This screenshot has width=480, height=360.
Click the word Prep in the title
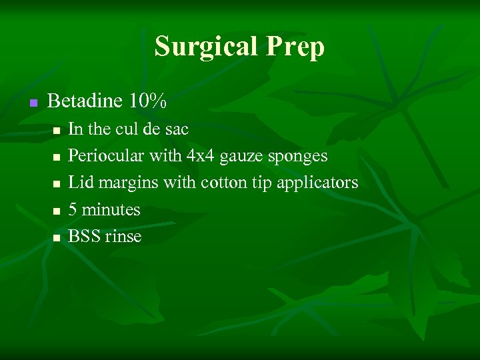[297, 47]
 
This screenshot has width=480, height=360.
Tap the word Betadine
[85, 101]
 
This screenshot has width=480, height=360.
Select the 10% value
[148, 101]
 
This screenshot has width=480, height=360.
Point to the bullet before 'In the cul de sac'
[57, 130]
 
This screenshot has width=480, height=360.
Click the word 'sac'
[177, 129]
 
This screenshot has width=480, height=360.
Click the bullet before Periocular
[57, 157]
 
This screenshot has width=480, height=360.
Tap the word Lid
[81, 182]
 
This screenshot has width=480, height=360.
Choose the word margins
[127, 183]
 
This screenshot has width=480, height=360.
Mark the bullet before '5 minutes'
[57, 211]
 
